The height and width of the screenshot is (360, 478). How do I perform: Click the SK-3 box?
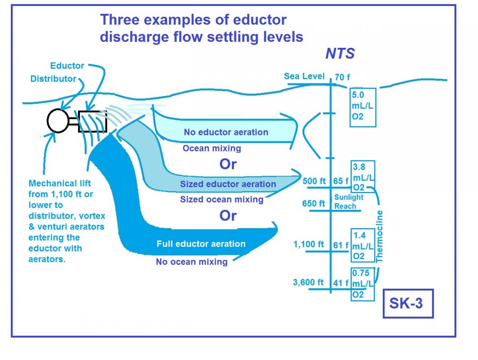click(x=408, y=303)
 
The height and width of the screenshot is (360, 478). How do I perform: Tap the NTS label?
click(x=340, y=54)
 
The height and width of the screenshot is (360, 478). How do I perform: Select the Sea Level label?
click(x=304, y=76)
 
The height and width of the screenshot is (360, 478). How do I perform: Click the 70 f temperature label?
click(x=343, y=77)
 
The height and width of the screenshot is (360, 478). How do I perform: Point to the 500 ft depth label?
click(x=314, y=181)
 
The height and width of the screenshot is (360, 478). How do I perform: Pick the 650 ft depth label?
click(x=313, y=203)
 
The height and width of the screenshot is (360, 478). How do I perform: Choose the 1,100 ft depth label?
click(x=309, y=244)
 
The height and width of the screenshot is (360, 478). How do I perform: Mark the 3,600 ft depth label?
click(x=308, y=282)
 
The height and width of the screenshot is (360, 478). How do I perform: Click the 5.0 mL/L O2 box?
click(x=363, y=107)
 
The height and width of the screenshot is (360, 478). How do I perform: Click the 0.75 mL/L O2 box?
click(x=363, y=284)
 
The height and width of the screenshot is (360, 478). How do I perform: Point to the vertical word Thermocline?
click(x=380, y=236)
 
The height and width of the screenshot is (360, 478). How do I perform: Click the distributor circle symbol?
click(x=58, y=121)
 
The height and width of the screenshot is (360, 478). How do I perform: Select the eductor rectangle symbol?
click(x=92, y=121)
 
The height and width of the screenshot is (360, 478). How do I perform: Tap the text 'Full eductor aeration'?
click(x=201, y=244)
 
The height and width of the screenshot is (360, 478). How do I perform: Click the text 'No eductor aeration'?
click(x=226, y=132)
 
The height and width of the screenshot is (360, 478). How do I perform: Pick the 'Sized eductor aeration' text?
click(x=228, y=184)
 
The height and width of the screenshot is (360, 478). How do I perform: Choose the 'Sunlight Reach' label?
click(x=349, y=202)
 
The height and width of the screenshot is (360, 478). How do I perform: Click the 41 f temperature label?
click(x=341, y=283)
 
